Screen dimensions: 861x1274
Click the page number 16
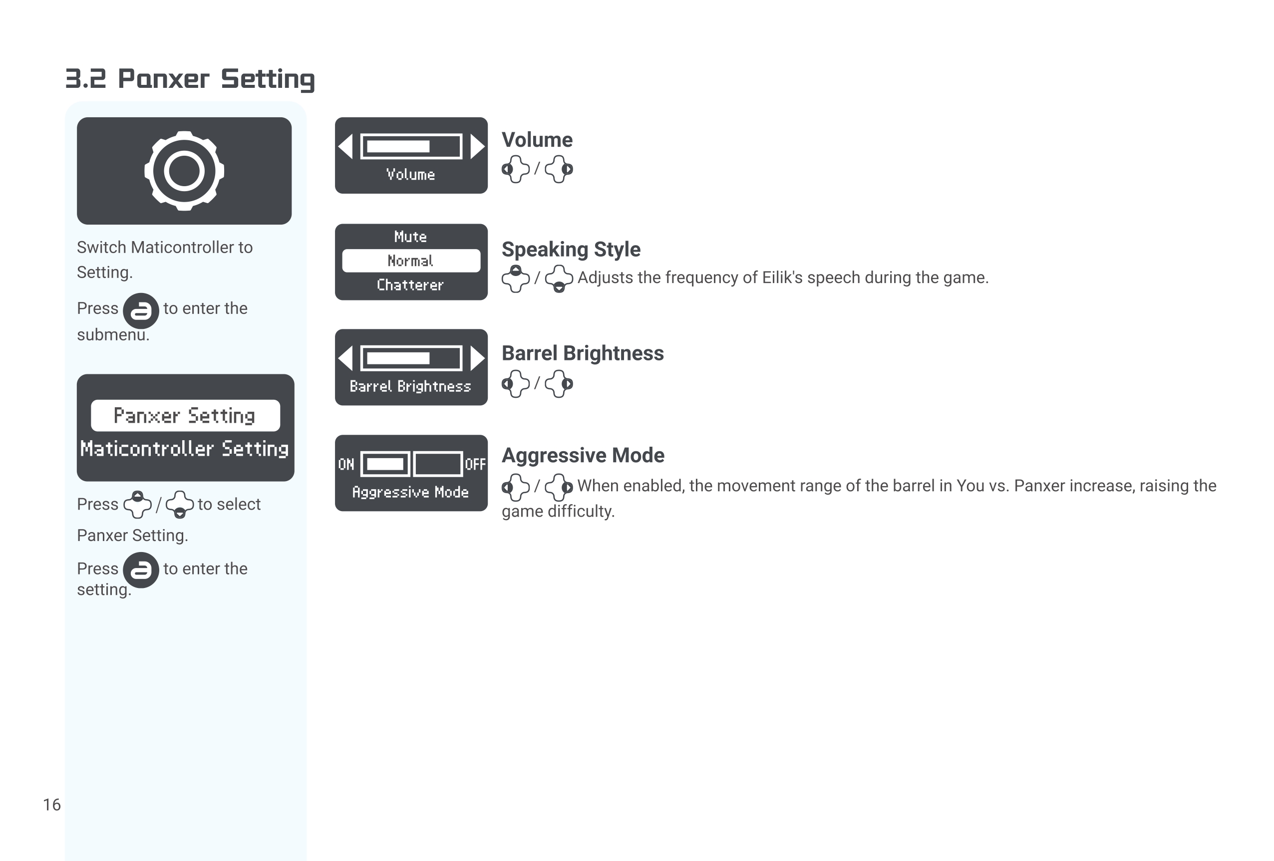pyautogui.click(x=51, y=804)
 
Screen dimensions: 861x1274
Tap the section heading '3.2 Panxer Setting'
pyautogui.click(x=190, y=79)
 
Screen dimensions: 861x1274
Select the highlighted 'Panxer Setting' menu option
pyautogui.click(x=185, y=415)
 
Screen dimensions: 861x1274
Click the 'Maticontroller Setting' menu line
pyautogui.click(x=185, y=449)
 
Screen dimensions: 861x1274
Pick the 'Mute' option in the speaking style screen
pyautogui.click(x=410, y=237)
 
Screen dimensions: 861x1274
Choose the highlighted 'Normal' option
pyautogui.click(x=410, y=261)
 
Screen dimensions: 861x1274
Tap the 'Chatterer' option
pyautogui.click(x=410, y=285)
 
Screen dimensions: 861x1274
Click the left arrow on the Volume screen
pyautogui.click(x=346, y=146)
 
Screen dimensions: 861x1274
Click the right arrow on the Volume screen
pyautogui.click(x=477, y=146)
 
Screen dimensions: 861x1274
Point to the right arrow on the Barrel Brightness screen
pyautogui.click(x=477, y=358)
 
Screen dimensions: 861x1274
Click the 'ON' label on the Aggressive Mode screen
pyautogui.click(x=346, y=465)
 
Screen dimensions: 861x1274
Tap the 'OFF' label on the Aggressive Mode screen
pyautogui.click(x=475, y=465)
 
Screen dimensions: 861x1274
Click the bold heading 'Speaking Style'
pyautogui.click(x=571, y=250)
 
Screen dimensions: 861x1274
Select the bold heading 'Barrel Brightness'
pyautogui.click(x=582, y=353)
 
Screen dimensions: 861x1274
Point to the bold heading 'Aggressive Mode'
pyautogui.click(x=583, y=455)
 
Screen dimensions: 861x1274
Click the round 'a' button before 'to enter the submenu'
pyautogui.click(x=141, y=311)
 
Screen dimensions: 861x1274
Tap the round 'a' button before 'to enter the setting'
pyautogui.click(x=141, y=570)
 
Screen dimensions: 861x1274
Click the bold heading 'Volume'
pyautogui.click(x=537, y=140)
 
